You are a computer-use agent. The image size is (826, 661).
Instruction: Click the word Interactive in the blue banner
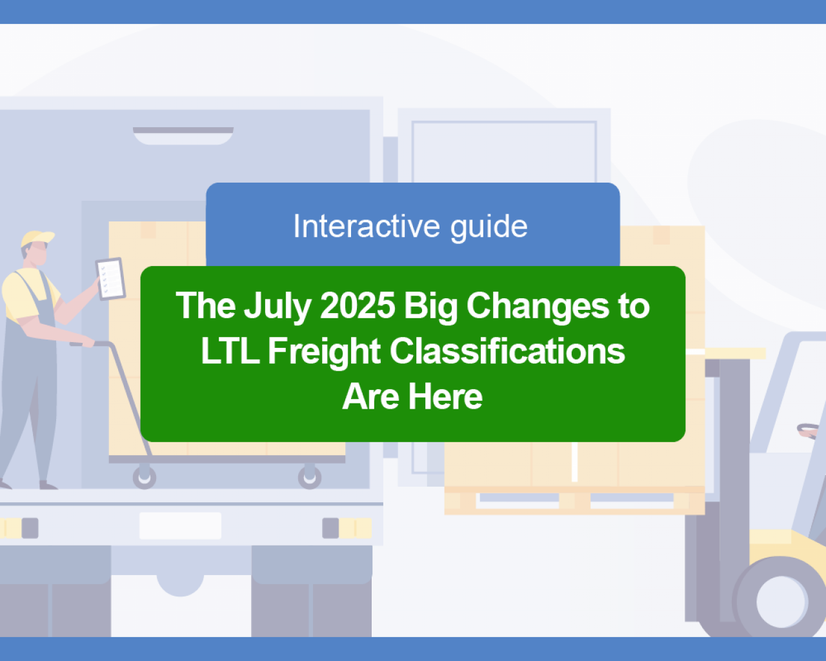(x=366, y=226)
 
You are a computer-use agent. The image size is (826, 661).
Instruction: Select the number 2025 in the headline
(x=358, y=306)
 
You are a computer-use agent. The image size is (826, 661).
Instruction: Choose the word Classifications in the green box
(x=507, y=351)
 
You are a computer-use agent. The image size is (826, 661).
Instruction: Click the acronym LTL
(x=230, y=351)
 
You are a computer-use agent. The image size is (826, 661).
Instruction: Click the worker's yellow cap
(x=37, y=238)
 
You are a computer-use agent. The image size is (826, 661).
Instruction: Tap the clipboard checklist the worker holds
(x=110, y=278)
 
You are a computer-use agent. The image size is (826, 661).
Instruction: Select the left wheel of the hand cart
(x=145, y=477)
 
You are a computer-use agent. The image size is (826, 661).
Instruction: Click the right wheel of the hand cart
(x=310, y=477)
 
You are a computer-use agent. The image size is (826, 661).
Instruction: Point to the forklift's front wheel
(x=781, y=602)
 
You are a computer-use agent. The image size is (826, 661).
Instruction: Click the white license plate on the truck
(x=181, y=525)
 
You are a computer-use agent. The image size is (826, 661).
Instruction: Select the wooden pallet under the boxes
(x=574, y=500)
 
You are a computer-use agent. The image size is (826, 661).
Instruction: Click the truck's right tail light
(x=347, y=528)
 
